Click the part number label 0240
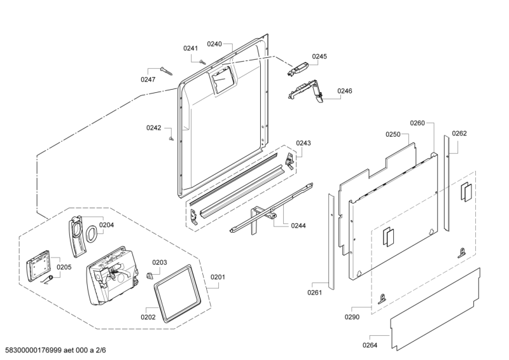click(x=214, y=44)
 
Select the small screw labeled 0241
click(x=202, y=62)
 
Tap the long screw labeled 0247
click(x=167, y=71)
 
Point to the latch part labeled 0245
click(x=297, y=69)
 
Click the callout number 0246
click(x=345, y=91)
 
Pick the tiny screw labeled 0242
click(x=171, y=139)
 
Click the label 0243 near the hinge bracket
click(x=303, y=143)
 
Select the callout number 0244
click(x=298, y=226)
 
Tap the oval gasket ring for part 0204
click(x=91, y=233)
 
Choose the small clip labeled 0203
click(x=150, y=275)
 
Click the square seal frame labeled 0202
click(x=177, y=293)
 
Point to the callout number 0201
click(x=218, y=277)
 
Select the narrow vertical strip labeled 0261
click(x=331, y=242)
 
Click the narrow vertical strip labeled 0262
click(x=447, y=183)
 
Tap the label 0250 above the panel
click(x=393, y=134)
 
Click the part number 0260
click(x=417, y=123)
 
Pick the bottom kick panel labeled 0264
click(x=435, y=309)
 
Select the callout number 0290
click(x=352, y=317)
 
